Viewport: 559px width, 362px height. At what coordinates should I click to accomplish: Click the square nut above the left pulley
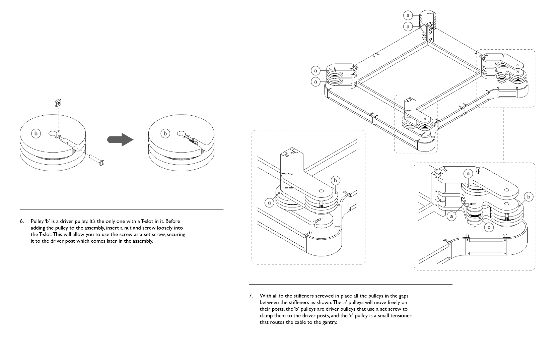[x=58, y=103]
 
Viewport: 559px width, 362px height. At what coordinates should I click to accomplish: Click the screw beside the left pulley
[x=97, y=160]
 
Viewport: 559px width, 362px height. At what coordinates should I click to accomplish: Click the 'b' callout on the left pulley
[x=36, y=133]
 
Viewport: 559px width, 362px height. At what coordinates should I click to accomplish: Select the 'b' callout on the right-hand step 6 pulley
[x=165, y=133]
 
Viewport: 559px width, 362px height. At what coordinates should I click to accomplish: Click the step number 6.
[x=22, y=221]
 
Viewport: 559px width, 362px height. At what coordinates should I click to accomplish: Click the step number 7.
[x=251, y=296]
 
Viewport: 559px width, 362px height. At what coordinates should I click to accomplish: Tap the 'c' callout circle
[x=489, y=228]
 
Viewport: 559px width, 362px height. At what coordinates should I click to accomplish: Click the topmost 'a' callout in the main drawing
[x=408, y=15]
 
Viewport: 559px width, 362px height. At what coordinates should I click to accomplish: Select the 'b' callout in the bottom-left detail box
[x=336, y=180]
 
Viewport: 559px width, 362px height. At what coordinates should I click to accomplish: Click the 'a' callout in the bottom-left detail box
[x=269, y=203]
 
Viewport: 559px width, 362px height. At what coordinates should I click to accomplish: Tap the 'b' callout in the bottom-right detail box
[x=529, y=197]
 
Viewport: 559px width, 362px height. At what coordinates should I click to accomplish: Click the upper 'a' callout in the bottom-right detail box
[x=468, y=173]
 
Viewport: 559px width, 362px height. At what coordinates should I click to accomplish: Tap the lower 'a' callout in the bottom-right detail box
[x=451, y=216]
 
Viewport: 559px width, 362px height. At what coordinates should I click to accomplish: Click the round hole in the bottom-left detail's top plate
[x=321, y=191]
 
